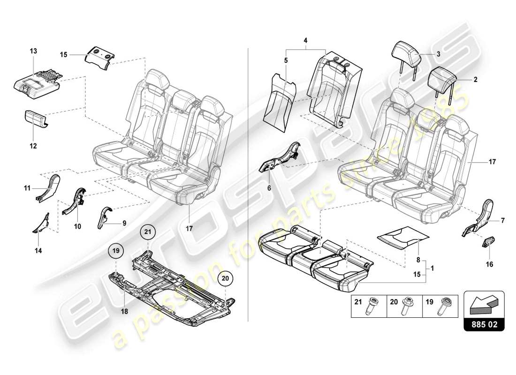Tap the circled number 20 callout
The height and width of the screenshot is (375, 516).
[x=225, y=278]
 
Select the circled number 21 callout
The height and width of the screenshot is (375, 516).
[x=148, y=232]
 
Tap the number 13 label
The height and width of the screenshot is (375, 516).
[x=33, y=50]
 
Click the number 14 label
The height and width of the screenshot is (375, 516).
[x=38, y=251]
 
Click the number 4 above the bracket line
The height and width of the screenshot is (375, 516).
[x=305, y=40]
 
